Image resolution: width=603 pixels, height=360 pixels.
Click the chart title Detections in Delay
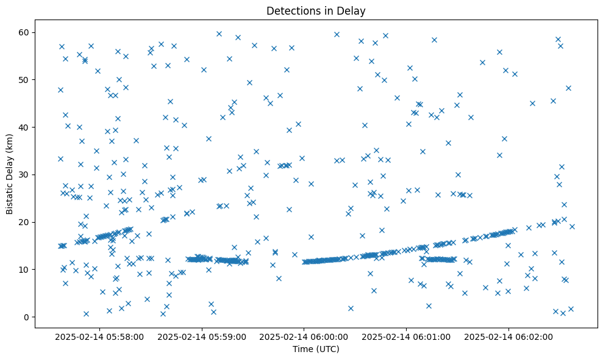(316, 11)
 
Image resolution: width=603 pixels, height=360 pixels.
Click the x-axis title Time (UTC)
(316, 349)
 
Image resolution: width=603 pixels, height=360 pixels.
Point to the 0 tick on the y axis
(26, 317)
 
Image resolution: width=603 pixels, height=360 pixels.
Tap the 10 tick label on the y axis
(24, 270)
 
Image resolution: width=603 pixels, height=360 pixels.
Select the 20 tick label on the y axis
(24, 222)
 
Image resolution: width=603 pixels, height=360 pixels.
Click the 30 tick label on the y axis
(24, 175)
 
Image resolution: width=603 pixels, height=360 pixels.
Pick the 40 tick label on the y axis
(24, 127)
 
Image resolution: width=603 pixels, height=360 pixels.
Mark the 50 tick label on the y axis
(24, 80)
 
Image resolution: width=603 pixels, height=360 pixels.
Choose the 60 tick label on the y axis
(24, 32)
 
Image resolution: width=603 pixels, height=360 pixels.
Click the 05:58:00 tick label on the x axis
(99, 337)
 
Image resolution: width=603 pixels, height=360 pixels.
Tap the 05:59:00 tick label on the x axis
(202, 337)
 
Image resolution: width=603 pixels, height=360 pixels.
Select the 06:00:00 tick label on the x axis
(304, 337)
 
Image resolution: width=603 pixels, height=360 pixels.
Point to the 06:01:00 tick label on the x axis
(407, 337)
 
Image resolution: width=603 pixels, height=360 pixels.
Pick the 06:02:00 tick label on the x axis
(509, 337)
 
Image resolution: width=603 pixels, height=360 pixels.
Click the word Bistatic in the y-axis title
(10, 196)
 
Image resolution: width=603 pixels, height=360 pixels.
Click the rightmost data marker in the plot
(572, 226)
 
